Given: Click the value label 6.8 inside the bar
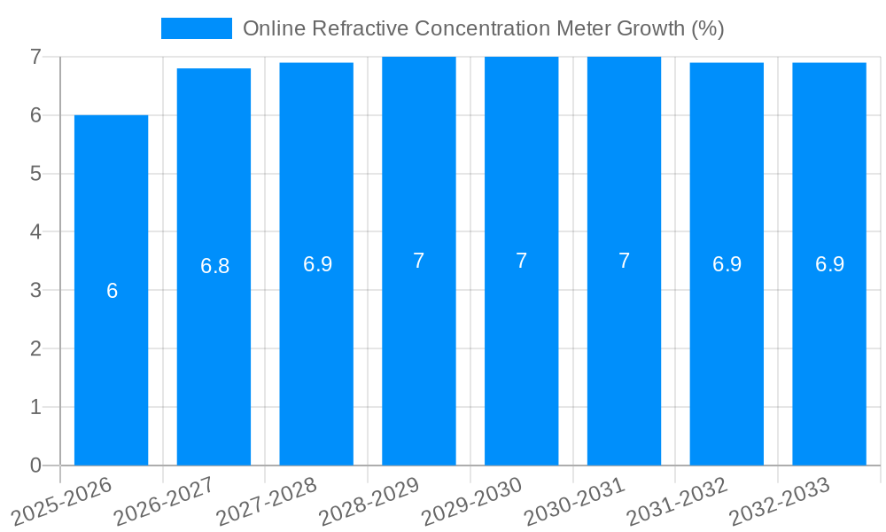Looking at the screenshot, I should [x=214, y=266].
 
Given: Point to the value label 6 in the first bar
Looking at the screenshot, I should [x=112, y=291].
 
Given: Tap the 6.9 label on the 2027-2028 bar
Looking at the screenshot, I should [x=317, y=264].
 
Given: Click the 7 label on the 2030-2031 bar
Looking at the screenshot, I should [x=624, y=261].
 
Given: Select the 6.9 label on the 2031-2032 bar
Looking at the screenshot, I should [x=727, y=264].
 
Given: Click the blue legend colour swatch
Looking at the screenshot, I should [x=196, y=28].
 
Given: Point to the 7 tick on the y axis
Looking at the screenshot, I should [x=35, y=57].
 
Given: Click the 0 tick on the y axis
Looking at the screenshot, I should [x=35, y=465].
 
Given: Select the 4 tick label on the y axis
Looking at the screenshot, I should [x=35, y=232].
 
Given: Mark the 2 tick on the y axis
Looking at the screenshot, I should [x=35, y=348].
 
